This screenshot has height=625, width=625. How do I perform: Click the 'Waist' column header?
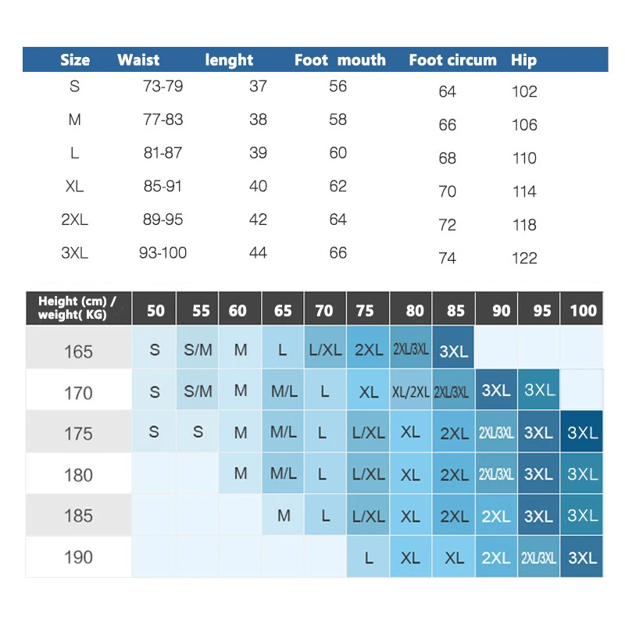138,60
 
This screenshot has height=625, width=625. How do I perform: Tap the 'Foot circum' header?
452,60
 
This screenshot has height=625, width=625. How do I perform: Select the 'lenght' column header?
229,60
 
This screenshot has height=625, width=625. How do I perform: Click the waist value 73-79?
163,86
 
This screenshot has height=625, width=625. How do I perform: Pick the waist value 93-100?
163,253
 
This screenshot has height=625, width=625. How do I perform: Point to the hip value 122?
524,258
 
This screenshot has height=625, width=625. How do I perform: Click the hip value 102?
524,91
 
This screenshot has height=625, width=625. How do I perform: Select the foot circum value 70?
448,191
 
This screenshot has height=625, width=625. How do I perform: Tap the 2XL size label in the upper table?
75,220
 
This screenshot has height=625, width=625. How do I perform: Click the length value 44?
258,253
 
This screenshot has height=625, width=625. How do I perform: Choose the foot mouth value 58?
337,120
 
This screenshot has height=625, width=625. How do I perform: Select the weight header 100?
583,310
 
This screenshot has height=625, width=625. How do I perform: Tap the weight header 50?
155,310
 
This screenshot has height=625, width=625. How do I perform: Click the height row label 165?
78,352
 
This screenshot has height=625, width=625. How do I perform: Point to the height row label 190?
78,557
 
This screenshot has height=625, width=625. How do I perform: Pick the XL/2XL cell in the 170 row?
410,392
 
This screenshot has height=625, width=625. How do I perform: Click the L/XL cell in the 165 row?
325,351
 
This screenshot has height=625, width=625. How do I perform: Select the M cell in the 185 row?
284,516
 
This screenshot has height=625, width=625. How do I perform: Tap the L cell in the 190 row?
368,558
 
